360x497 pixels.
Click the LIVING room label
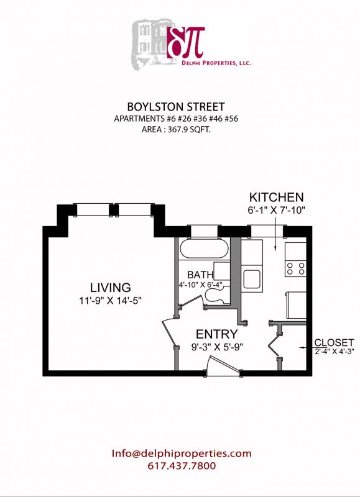coord(110,288)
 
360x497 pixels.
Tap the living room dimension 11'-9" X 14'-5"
coord(110,301)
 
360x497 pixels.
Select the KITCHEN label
coord(276,197)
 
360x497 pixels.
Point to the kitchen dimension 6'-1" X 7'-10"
coord(276,211)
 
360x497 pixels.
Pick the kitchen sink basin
coord(251,278)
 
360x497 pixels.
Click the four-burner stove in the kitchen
coord(295,268)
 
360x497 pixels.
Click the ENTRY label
coord(216,334)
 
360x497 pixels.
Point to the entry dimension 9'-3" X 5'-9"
coord(216,347)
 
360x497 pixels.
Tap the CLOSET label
coord(334,342)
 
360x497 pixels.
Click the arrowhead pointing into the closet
coord(302,347)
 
